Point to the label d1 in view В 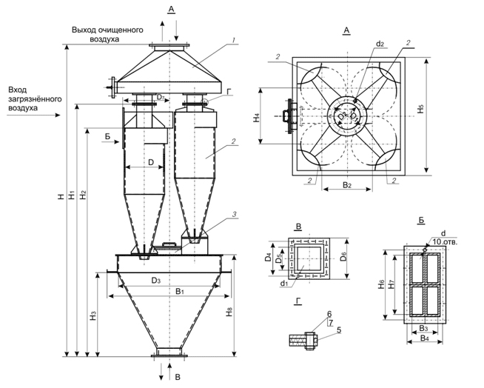(284, 283)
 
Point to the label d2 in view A (379, 44)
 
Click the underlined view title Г (297, 302)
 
